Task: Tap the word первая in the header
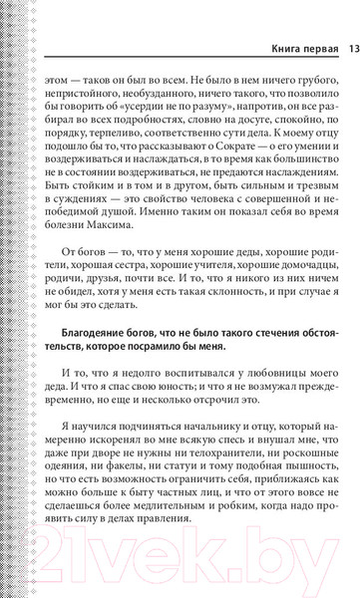(x=317, y=48)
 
